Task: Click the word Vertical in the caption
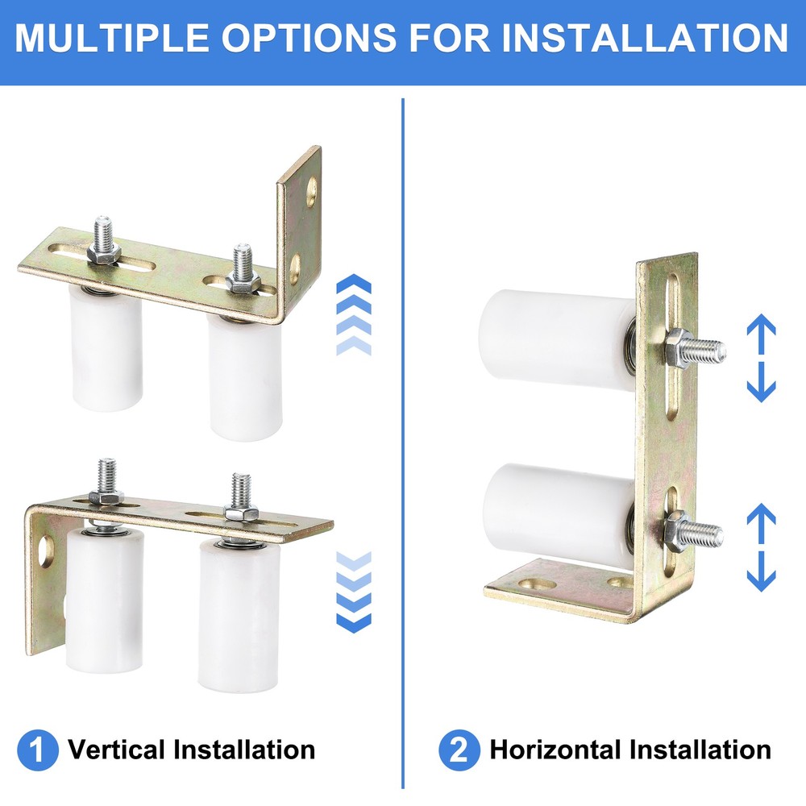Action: pos(116,750)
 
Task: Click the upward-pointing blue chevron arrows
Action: pos(353,314)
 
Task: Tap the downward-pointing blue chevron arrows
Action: pos(353,592)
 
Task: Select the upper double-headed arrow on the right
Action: pos(760,359)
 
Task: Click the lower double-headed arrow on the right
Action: pos(760,548)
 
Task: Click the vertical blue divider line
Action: pos(402,443)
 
